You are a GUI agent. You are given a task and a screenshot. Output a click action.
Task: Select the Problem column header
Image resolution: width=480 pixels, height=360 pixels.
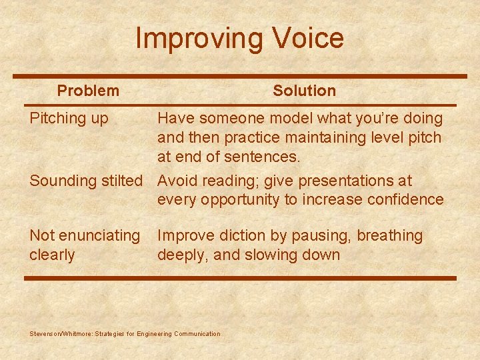pyautogui.click(x=88, y=91)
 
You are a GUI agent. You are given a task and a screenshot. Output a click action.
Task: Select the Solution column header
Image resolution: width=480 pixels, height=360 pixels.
pyautogui.click(x=304, y=91)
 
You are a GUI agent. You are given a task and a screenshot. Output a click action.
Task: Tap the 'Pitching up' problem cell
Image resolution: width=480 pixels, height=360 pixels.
pyautogui.click(x=69, y=119)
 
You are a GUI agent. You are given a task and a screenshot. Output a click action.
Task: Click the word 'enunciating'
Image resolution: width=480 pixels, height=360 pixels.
pyautogui.click(x=99, y=236)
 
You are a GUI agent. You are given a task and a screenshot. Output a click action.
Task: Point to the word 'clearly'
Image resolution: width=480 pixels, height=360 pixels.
pyautogui.click(x=52, y=255)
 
